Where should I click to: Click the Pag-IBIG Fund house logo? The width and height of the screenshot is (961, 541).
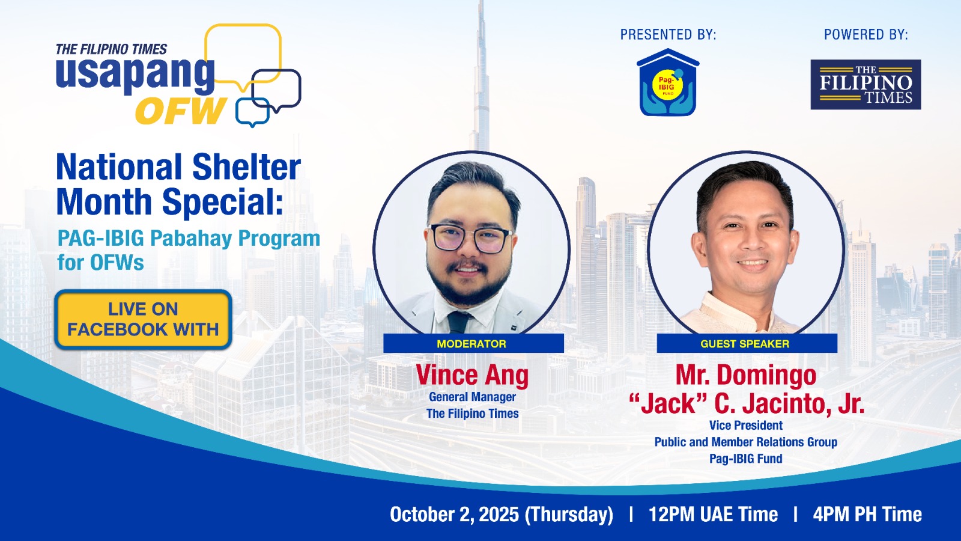(667, 82)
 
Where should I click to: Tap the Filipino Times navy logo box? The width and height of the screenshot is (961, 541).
(866, 85)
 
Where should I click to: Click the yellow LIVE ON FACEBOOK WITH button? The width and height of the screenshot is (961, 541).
(144, 319)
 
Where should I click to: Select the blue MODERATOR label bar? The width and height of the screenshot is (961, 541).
(473, 343)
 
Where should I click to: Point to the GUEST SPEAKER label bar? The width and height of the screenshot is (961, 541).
(747, 343)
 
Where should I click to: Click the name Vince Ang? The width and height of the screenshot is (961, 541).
(472, 375)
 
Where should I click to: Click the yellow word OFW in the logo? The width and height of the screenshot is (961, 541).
(181, 111)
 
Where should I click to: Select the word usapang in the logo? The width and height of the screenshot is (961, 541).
(135, 75)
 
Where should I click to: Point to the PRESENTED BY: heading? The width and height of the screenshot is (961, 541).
(668, 35)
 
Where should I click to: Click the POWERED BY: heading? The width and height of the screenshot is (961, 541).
(866, 35)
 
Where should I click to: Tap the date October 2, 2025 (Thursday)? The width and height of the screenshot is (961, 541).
(502, 515)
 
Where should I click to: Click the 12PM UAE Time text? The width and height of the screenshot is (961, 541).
(713, 515)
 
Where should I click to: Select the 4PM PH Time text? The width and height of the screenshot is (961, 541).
(867, 515)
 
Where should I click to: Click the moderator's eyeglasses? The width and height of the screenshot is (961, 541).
(471, 239)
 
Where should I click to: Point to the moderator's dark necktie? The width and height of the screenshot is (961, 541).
(458, 322)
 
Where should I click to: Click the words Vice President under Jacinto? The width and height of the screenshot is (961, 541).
(745, 426)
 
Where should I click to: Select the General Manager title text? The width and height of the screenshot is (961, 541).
(472, 397)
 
